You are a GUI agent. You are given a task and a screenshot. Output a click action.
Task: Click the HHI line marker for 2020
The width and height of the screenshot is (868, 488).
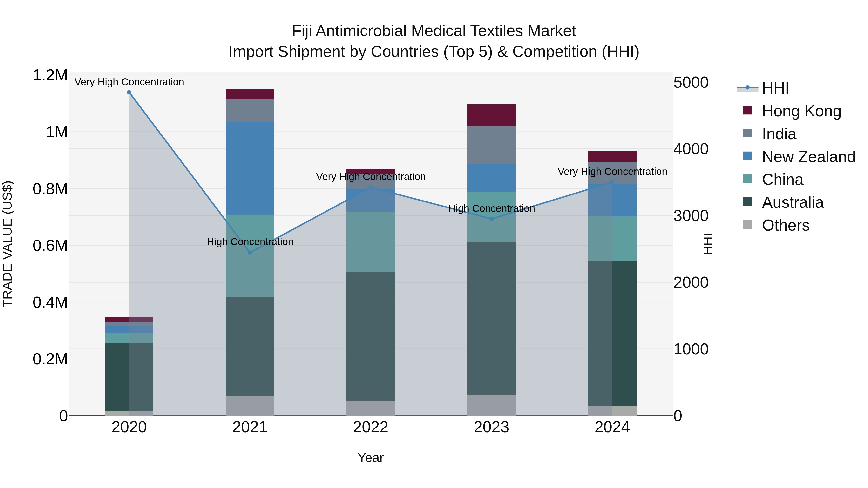coord(129,92)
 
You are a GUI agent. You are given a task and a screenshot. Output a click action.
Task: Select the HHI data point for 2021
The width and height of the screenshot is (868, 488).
coord(250,253)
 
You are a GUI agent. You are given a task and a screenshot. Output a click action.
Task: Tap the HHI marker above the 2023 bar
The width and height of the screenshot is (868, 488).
coord(491,219)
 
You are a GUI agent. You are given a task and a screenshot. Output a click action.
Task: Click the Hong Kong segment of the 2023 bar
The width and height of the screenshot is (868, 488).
coord(491,115)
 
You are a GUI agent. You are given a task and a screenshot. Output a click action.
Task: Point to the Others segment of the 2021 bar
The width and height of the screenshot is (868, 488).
coord(250,406)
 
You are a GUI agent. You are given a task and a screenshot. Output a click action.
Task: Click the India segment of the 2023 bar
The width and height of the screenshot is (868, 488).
coord(491,145)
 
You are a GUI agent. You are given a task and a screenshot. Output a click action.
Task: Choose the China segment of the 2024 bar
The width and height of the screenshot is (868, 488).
coord(612,238)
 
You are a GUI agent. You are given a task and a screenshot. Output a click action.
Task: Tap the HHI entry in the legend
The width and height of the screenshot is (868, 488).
coord(775,88)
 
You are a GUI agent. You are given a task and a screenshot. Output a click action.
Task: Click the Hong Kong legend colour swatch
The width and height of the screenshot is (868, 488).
coord(747,110)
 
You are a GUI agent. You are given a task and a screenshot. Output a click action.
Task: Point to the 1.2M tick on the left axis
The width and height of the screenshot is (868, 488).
coord(50,75)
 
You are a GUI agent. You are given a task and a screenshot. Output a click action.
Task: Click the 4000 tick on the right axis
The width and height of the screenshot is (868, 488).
coord(691,149)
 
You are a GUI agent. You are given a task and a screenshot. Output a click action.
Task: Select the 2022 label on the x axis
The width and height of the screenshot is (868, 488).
coord(371,427)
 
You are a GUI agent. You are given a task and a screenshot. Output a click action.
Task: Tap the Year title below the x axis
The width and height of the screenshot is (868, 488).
coord(371,458)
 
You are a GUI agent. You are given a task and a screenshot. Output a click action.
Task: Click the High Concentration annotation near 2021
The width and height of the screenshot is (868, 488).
coord(250,242)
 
